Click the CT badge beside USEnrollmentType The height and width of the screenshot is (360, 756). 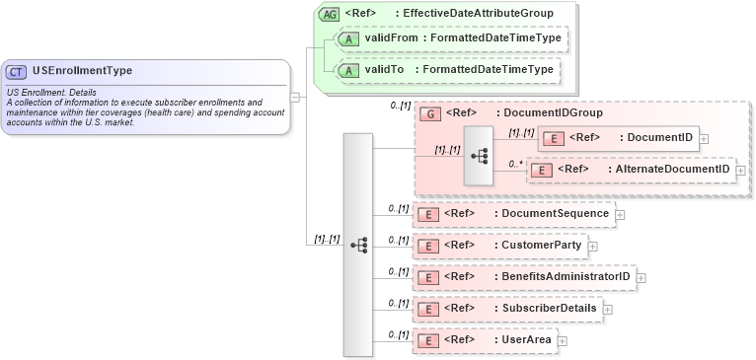point(17,71)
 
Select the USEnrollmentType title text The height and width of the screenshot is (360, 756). point(82,71)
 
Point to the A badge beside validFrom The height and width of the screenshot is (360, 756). point(348,38)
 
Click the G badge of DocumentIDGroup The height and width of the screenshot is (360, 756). point(429,113)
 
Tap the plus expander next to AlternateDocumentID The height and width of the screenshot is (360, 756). point(741,171)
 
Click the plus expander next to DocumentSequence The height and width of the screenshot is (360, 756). point(620,213)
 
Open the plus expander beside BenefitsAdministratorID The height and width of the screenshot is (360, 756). point(642,277)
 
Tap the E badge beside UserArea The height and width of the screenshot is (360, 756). point(428,340)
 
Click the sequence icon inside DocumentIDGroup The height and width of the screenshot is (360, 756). point(481,156)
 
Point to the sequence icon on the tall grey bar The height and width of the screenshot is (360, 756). point(358,244)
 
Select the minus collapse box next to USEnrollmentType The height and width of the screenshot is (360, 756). point(295,96)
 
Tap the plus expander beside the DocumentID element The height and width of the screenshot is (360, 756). point(704,138)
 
